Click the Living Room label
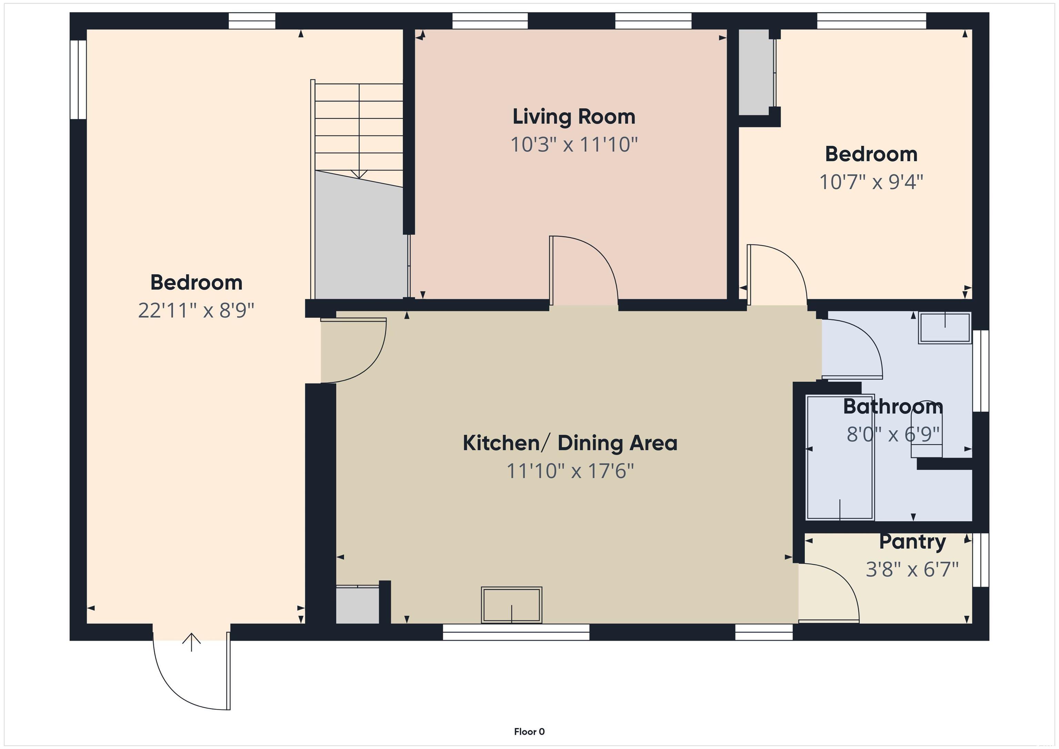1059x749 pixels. (574, 117)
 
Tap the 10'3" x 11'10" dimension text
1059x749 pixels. (574, 144)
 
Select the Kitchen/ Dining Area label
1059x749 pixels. (570, 443)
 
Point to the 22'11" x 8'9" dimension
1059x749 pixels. (196, 311)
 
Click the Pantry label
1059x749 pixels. (912, 541)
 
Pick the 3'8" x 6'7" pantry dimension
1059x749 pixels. (912, 569)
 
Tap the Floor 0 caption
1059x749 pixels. (529, 731)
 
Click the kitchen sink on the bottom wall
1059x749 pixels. (512, 605)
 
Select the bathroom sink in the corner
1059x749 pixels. (945, 327)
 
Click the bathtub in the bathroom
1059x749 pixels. (840, 457)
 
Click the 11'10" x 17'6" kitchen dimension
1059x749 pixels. (570, 471)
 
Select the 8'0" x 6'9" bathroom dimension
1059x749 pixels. (893, 434)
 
